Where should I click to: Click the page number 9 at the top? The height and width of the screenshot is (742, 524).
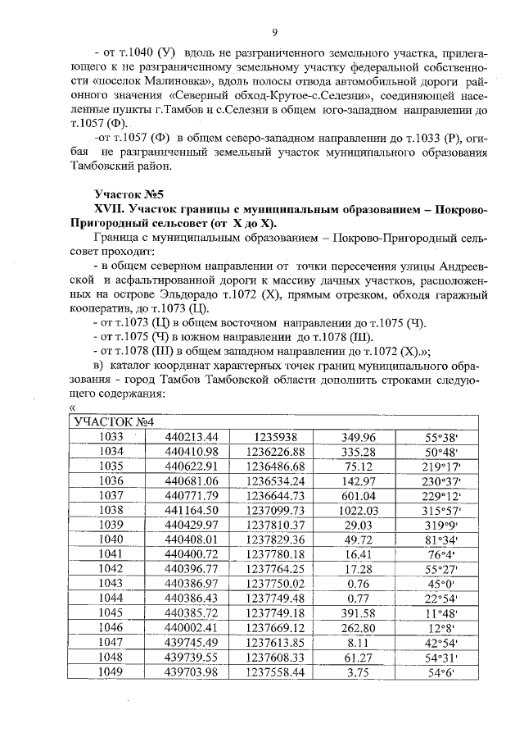(x=275, y=32)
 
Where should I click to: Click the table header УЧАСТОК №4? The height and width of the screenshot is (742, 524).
(x=111, y=422)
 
